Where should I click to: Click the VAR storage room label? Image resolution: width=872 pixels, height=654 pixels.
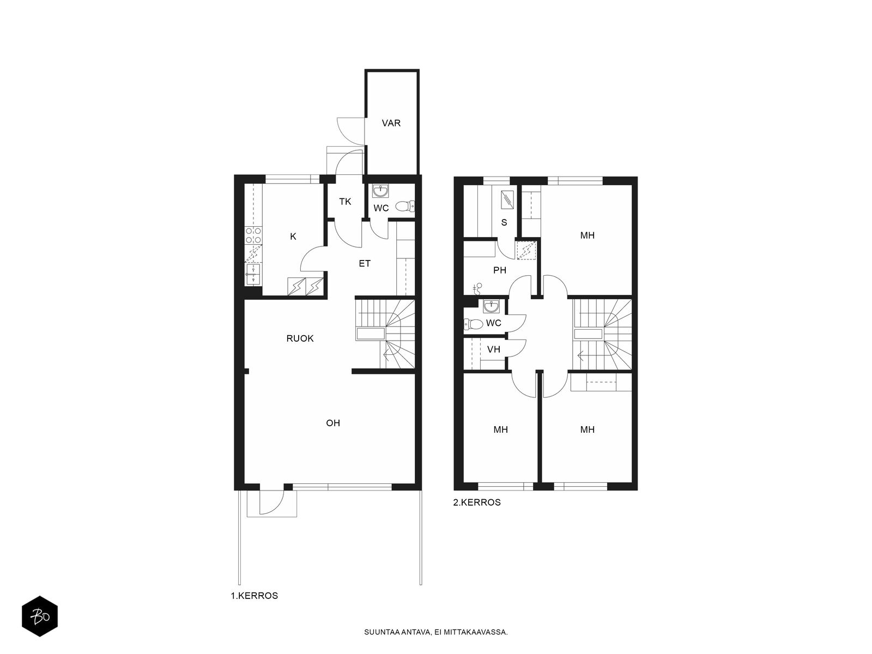[391, 123]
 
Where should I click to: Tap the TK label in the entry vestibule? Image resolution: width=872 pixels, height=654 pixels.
[345, 202]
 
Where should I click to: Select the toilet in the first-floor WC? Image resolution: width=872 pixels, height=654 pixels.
[405, 206]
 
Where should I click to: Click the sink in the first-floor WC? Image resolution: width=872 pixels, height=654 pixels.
[380, 191]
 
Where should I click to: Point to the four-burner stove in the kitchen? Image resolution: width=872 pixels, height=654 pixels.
[253, 235]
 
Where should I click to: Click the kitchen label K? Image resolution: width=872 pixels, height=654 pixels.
[293, 237]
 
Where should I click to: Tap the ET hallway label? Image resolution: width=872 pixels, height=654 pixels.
[364, 263]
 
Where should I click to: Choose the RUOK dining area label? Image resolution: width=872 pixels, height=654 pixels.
[300, 338]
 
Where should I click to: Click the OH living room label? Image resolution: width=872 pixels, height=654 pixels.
[333, 423]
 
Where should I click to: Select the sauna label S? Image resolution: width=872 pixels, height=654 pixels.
[504, 222]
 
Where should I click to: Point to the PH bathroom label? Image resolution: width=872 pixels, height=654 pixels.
[499, 270]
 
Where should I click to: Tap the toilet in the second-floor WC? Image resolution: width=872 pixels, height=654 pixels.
[473, 324]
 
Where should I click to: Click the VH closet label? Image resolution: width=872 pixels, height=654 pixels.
[493, 349]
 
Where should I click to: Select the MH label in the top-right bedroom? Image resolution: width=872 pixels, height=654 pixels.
[587, 235]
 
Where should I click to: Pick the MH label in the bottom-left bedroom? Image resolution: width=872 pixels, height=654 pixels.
[500, 429]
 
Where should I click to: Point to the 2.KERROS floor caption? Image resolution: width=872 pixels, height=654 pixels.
[477, 502]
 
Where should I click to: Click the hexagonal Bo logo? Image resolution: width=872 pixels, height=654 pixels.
[40, 617]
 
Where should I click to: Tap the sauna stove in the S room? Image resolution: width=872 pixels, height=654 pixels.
[507, 199]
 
